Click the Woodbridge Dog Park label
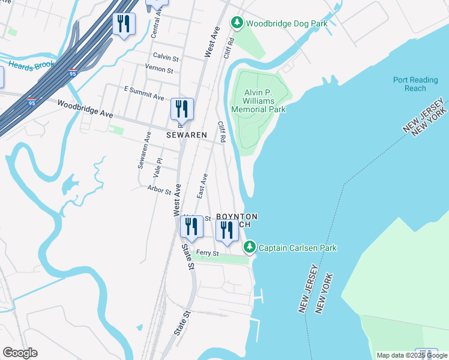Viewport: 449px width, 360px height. click(x=286, y=23)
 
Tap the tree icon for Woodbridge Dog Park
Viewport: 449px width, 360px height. click(x=238, y=23)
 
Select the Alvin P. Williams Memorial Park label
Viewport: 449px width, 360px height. click(x=259, y=101)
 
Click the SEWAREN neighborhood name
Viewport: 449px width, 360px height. click(x=186, y=136)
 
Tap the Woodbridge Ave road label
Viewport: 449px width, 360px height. click(x=85, y=109)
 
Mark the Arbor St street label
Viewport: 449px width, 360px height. click(x=160, y=189)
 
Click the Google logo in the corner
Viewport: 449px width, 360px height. click(x=20, y=353)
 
